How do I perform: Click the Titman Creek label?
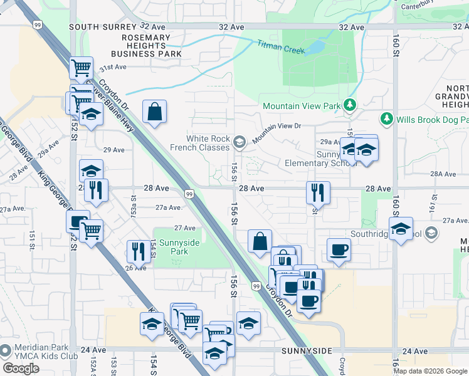[280, 46]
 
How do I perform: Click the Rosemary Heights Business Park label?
[146, 46]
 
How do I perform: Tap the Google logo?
[21, 368]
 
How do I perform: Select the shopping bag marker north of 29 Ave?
[154, 112]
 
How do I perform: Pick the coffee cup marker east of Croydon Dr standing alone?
[339, 249]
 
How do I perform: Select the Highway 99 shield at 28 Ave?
[188, 194]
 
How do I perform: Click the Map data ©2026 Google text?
[430, 371]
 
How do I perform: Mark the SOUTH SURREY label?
[103, 27]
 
